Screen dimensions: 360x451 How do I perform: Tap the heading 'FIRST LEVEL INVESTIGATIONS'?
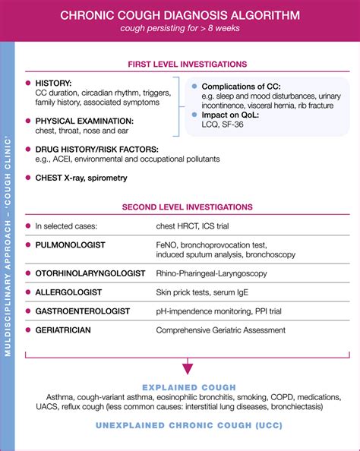[x=187, y=65]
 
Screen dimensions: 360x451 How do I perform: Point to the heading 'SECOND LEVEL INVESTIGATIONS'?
[x=187, y=207]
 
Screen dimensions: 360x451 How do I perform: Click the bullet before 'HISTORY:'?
[x=28, y=82]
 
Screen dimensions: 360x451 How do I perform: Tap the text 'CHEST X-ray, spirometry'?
[x=81, y=178]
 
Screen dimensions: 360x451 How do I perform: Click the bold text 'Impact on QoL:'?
[x=232, y=115]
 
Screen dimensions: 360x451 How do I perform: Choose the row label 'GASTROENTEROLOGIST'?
[x=82, y=311]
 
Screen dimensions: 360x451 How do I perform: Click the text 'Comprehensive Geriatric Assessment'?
[x=220, y=330]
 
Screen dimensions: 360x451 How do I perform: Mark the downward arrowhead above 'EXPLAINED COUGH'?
[x=187, y=367]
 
